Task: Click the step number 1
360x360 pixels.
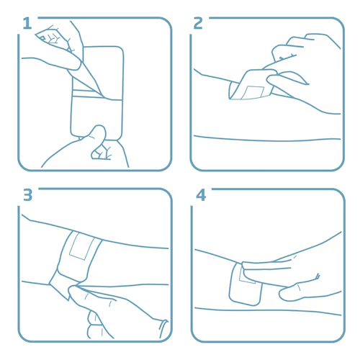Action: tap(27, 24)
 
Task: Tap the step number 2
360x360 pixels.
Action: tap(198, 23)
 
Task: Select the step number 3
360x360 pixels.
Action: tap(27, 195)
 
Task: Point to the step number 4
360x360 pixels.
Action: tap(201, 195)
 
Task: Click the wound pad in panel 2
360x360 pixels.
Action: tap(253, 92)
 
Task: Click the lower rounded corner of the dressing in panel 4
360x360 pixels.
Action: tap(254, 302)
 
